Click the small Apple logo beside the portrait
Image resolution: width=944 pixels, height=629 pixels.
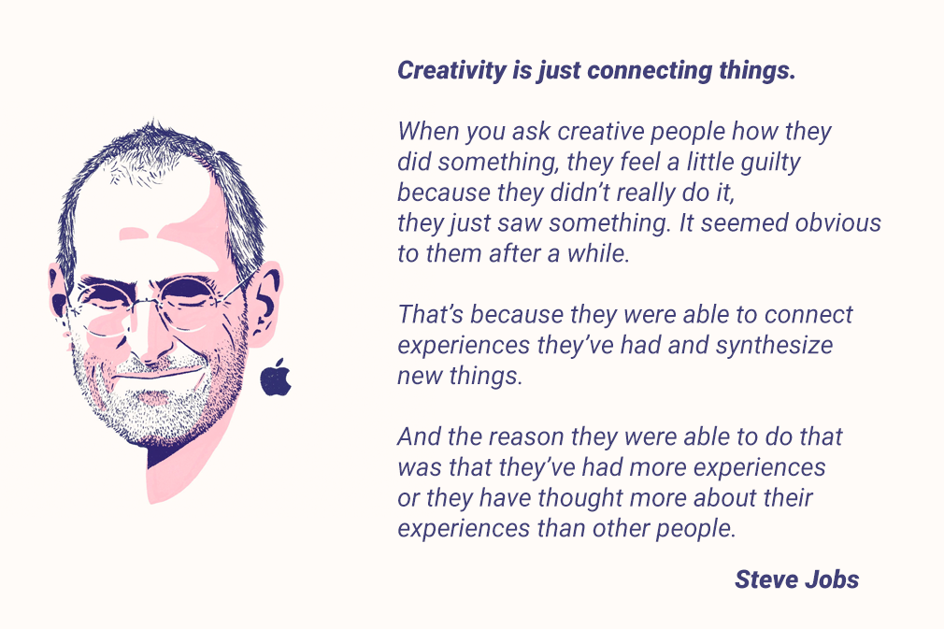pos(276,378)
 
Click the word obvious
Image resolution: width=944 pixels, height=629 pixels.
pos(837,223)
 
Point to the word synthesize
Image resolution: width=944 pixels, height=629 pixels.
pos(774,345)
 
